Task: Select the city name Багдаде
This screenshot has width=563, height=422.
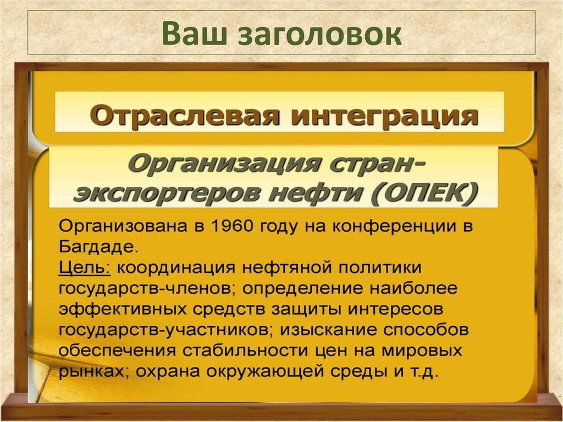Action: (x=95, y=245)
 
